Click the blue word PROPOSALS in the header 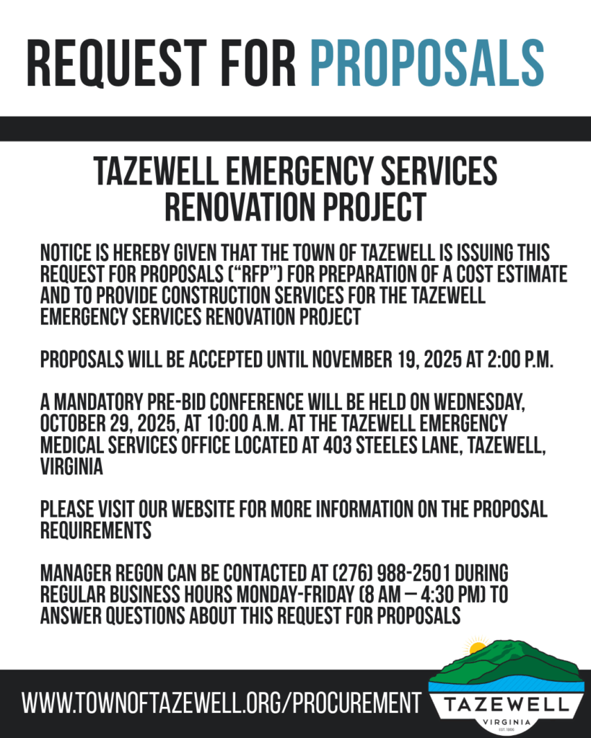(426, 63)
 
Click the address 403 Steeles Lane (368, 445)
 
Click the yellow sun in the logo (477, 646)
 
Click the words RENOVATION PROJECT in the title (295, 208)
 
